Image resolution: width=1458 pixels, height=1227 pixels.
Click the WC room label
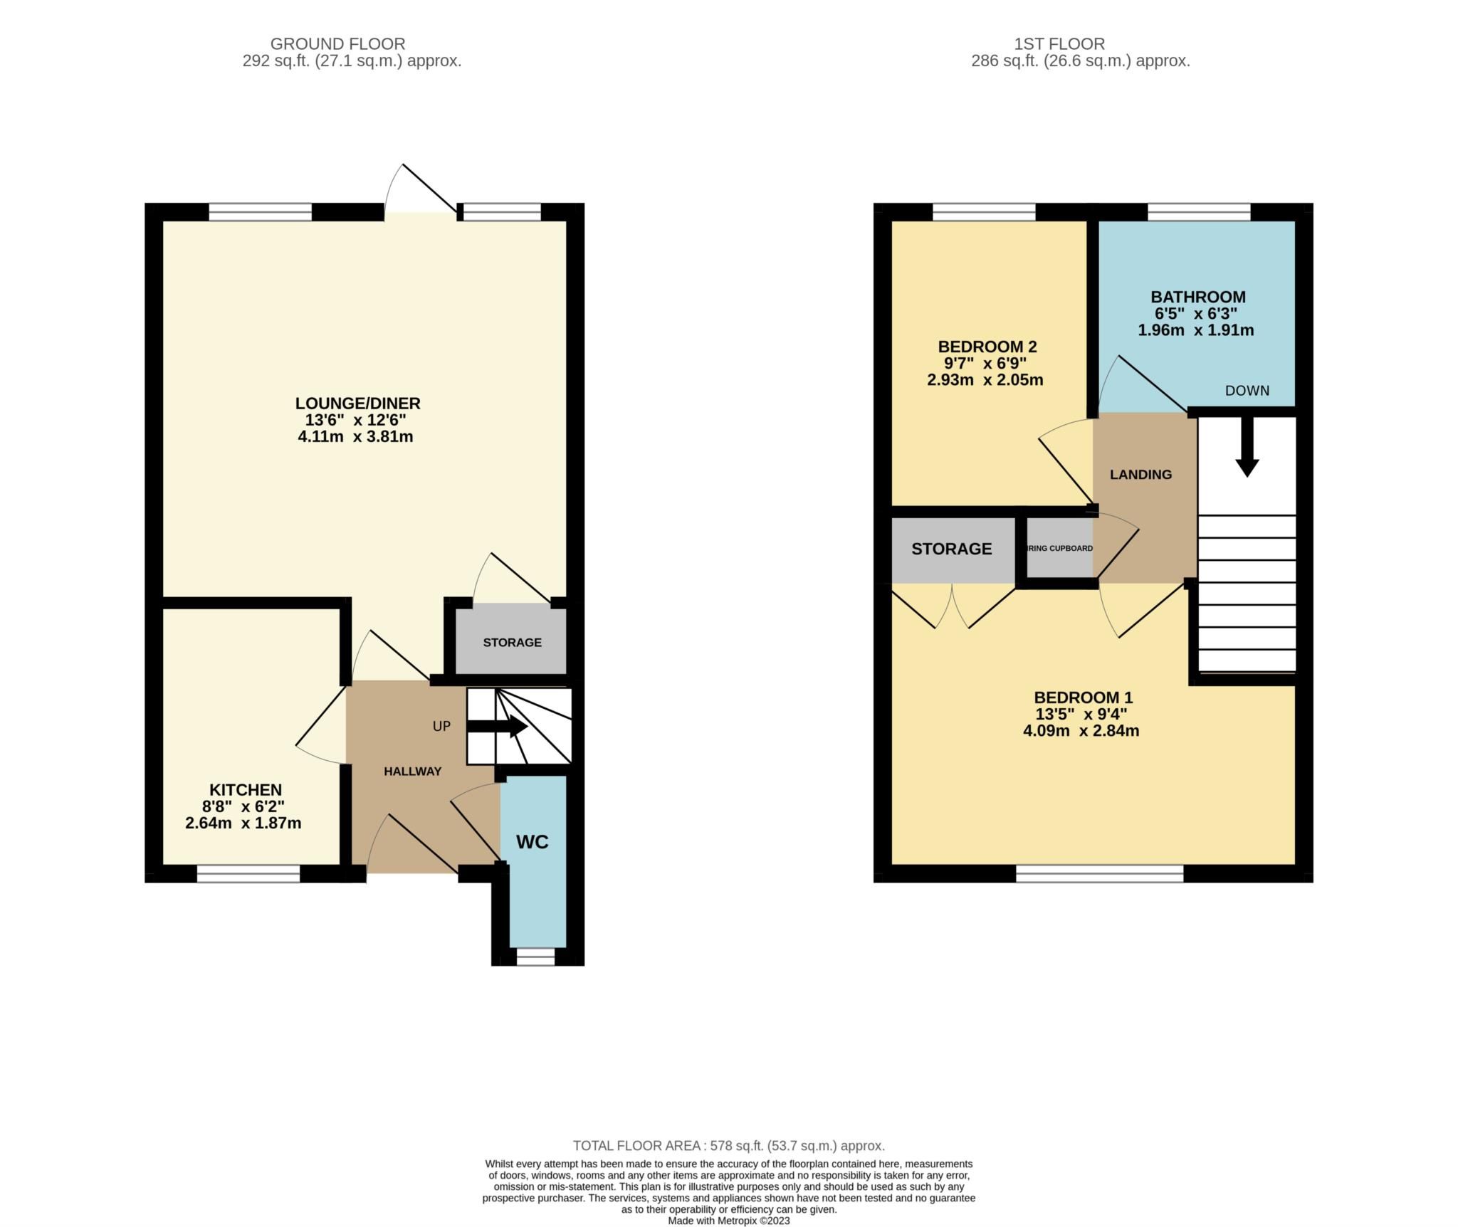click(x=532, y=842)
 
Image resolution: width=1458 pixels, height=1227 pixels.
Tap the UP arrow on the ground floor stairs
click(x=498, y=727)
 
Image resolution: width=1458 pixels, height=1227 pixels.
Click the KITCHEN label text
click(x=246, y=790)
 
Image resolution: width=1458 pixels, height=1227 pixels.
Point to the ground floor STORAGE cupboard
click(x=512, y=642)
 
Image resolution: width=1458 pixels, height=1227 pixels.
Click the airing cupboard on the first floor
click(x=1059, y=548)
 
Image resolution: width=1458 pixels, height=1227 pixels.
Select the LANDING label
click(x=1140, y=475)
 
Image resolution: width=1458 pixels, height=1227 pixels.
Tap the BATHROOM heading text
click(x=1198, y=297)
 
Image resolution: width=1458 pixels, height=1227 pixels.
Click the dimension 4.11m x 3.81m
click(x=355, y=437)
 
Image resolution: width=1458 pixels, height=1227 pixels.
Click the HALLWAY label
click(x=412, y=772)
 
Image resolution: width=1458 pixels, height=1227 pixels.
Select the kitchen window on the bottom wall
click(x=248, y=873)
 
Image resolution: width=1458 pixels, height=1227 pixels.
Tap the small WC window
click(x=535, y=957)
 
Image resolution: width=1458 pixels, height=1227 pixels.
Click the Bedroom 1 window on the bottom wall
click(x=1099, y=873)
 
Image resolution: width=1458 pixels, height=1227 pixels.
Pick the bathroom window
click(x=1199, y=212)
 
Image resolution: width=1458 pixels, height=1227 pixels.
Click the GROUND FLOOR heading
click(x=338, y=44)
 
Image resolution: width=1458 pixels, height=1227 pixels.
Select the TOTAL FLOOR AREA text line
click(x=729, y=1145)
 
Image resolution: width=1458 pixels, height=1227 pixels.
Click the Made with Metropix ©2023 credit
click(x=729, y=1220)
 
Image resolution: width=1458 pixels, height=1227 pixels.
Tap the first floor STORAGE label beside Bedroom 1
click(x=952, y=549)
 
